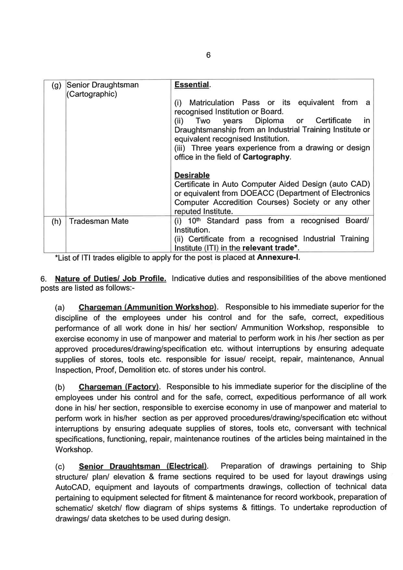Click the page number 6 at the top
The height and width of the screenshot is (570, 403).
click(x=208, y=55)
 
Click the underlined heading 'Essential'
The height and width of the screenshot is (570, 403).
click(x=192, y=85)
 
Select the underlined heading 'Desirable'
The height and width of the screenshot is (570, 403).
click(x=192, y=175)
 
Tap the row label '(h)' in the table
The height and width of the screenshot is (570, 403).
click(x=57, y=221)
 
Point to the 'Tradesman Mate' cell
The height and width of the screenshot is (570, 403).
click(x=99, y=221)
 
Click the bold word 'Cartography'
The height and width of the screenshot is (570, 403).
click(x=266, y=157)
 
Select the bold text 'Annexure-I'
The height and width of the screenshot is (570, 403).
click(x=278, y=258)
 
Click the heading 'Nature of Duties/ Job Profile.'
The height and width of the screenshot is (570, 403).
click(x=111, y=279)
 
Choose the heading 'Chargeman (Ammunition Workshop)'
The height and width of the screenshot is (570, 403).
click(x=148, y=307)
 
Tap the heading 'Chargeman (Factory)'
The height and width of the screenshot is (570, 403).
click(x=119, y=387)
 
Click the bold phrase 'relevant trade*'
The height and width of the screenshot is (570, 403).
click(x=270, y=248)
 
